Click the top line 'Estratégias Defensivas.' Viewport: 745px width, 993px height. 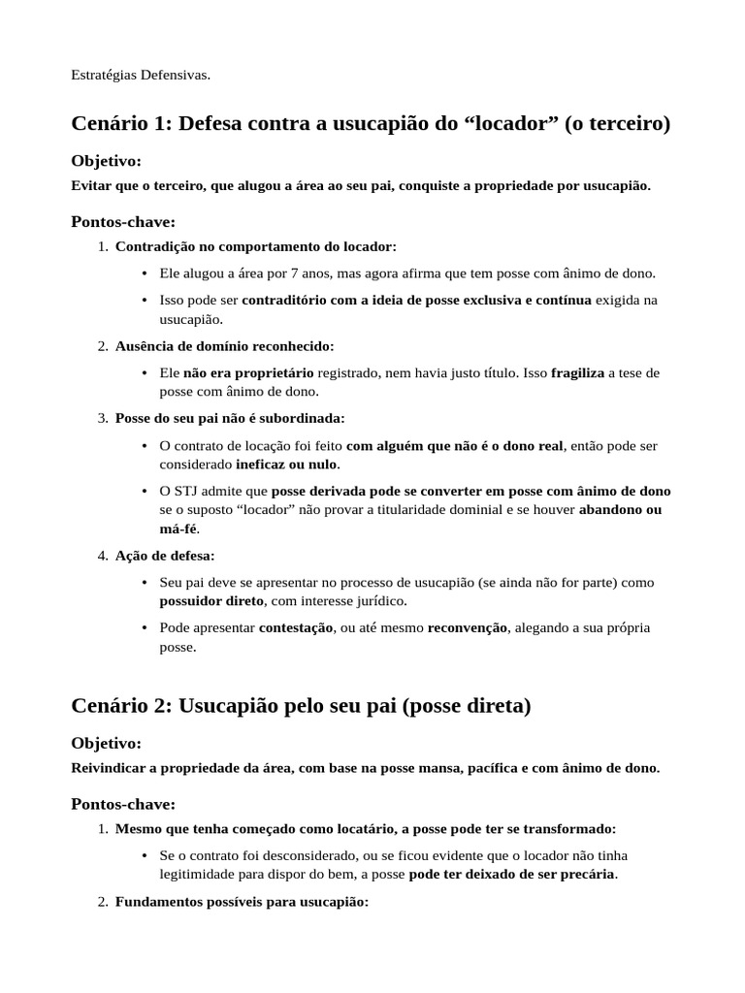click(141, 75)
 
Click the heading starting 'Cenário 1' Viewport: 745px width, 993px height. click(371, 124)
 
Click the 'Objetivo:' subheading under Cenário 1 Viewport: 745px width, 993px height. click(107, 160)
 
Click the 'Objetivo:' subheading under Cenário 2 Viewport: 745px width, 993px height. click(107, 743)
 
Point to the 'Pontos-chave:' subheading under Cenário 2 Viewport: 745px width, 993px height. click(123, 804)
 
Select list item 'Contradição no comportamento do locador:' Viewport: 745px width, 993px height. click(256, 246)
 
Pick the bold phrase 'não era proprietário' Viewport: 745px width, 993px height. click(248, 372)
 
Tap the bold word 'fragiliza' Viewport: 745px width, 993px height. click(577, 372)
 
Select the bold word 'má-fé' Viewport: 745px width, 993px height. click(178, 529)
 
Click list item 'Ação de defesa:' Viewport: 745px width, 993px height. click(165, 556)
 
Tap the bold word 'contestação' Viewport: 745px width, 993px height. click(296, 627)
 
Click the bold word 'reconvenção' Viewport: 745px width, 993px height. click(468, 627)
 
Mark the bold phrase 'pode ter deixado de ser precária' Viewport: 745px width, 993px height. click(512, 874)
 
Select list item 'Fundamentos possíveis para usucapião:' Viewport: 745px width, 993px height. click(242, 901)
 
